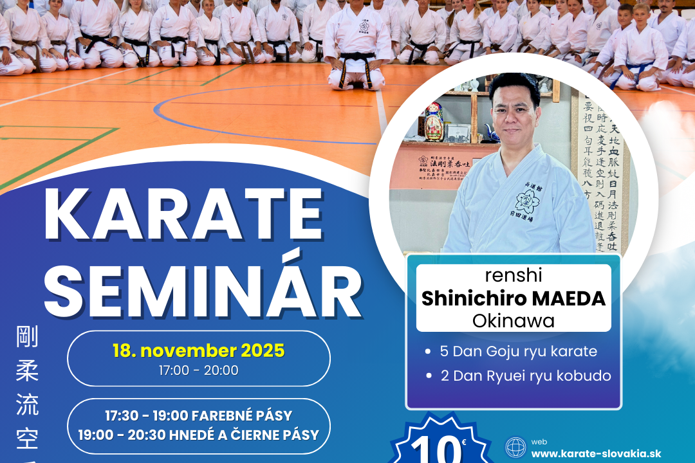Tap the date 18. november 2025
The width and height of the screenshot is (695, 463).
click(198, 351)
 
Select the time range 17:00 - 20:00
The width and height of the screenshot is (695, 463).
click(198, 371)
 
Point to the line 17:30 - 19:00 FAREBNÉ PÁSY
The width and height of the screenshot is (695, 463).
click(198, 415)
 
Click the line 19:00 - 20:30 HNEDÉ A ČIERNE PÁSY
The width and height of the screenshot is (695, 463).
click(198, 435)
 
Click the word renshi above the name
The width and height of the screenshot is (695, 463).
click(513, 276)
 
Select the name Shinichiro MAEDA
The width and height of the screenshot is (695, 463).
click(513, 298)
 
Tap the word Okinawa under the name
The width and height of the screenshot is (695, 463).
click(513, 320)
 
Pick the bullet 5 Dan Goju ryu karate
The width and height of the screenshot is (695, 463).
click(518, 352)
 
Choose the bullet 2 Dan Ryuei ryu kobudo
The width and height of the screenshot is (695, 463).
click(525, 376)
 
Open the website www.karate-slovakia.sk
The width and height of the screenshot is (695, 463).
click(596, 453)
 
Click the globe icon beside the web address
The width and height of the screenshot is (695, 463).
click(515, 448)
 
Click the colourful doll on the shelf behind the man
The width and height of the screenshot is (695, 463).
click(434, 121)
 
